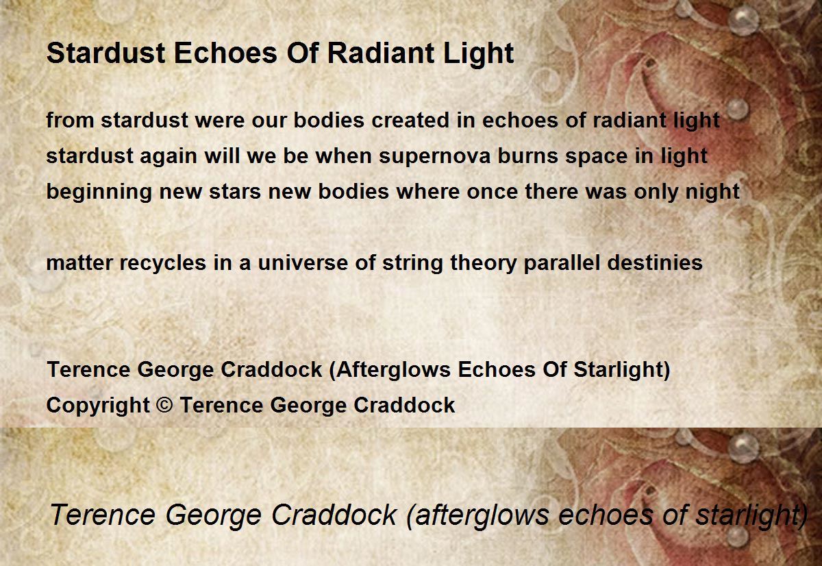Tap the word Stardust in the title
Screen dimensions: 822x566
[x=106, y=53]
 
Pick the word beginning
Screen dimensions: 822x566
[x=99, y=193]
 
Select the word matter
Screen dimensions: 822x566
[x=79, y=263]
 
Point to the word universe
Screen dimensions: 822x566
[x=303, y=263]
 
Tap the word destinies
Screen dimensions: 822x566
[x=655, y=263]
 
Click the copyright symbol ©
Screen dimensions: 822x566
[x=164, y=405]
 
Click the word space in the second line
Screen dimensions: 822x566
[x=597, y=157]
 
